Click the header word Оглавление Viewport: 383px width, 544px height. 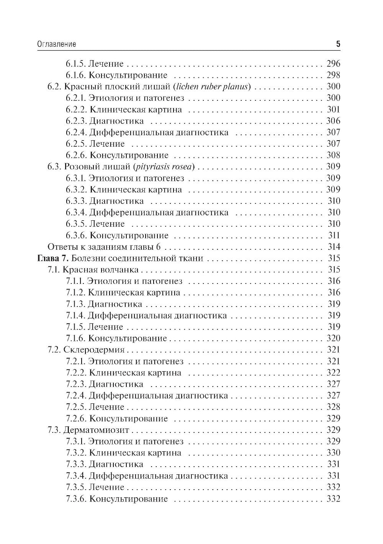coord(57,44)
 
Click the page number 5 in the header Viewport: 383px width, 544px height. coord(338,44)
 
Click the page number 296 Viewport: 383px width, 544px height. coord(333,64)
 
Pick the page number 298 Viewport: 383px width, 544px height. coord(333,75)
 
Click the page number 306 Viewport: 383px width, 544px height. coord(333,121)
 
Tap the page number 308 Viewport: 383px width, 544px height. coord(333,155)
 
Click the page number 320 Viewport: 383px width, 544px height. coord(333,338)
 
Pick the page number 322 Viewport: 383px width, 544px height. coord(333,373)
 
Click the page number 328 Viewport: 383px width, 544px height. coord(333,407)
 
